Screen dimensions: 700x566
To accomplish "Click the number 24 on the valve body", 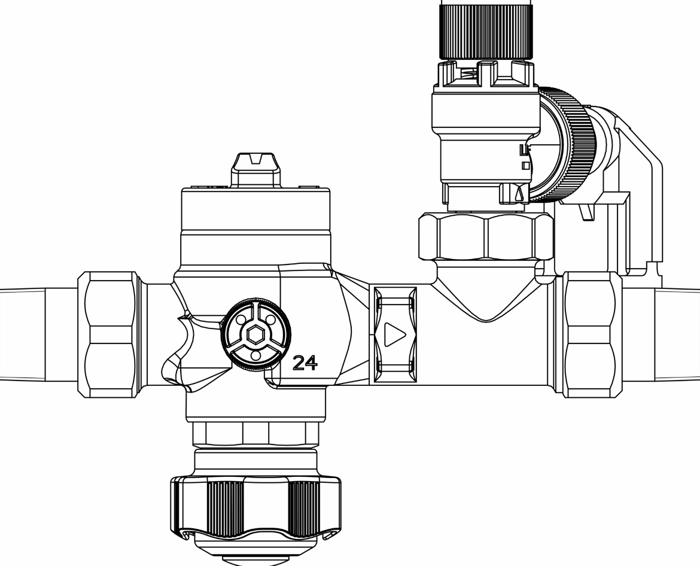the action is tap(305, 363).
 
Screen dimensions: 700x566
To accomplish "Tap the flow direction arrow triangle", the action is tap(394, 334).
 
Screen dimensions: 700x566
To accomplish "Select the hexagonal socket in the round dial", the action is tap(255, 334).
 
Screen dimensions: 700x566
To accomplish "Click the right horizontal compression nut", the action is tap(592, 334).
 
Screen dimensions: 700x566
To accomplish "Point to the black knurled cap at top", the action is tap(486, 31).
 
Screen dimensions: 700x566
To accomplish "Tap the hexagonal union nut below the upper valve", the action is tap(486, 236).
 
